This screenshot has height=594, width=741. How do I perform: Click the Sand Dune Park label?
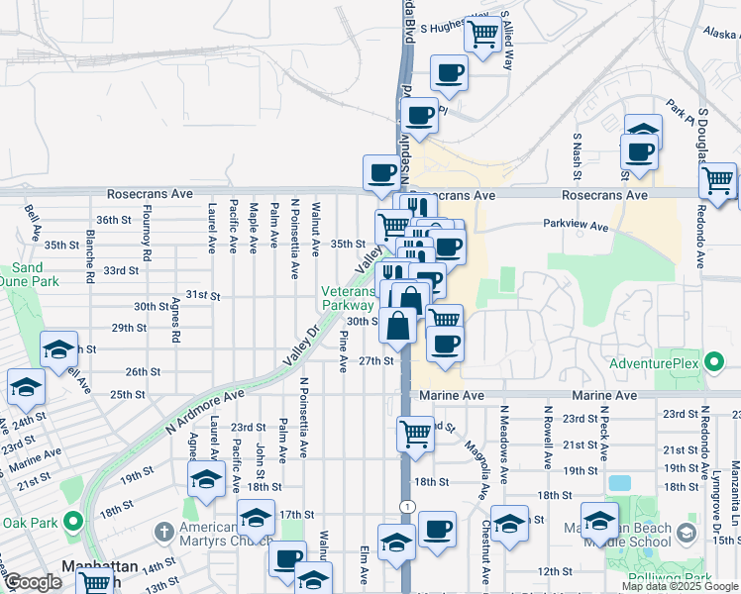(x=28, y=275)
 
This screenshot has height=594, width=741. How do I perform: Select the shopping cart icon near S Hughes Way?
(x=482, y=35)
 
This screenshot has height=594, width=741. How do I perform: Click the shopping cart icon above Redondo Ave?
(x=717, y=181)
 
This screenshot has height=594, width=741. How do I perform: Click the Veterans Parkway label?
(x=346, y=299)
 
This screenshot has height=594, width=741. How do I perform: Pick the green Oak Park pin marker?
(x=71, y=522)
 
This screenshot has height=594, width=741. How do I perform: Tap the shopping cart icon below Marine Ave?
(x=415, y=433)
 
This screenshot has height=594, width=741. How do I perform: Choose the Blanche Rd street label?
(x=90, y=257)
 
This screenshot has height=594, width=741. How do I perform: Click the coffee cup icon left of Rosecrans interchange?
(x=381, y=173)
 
